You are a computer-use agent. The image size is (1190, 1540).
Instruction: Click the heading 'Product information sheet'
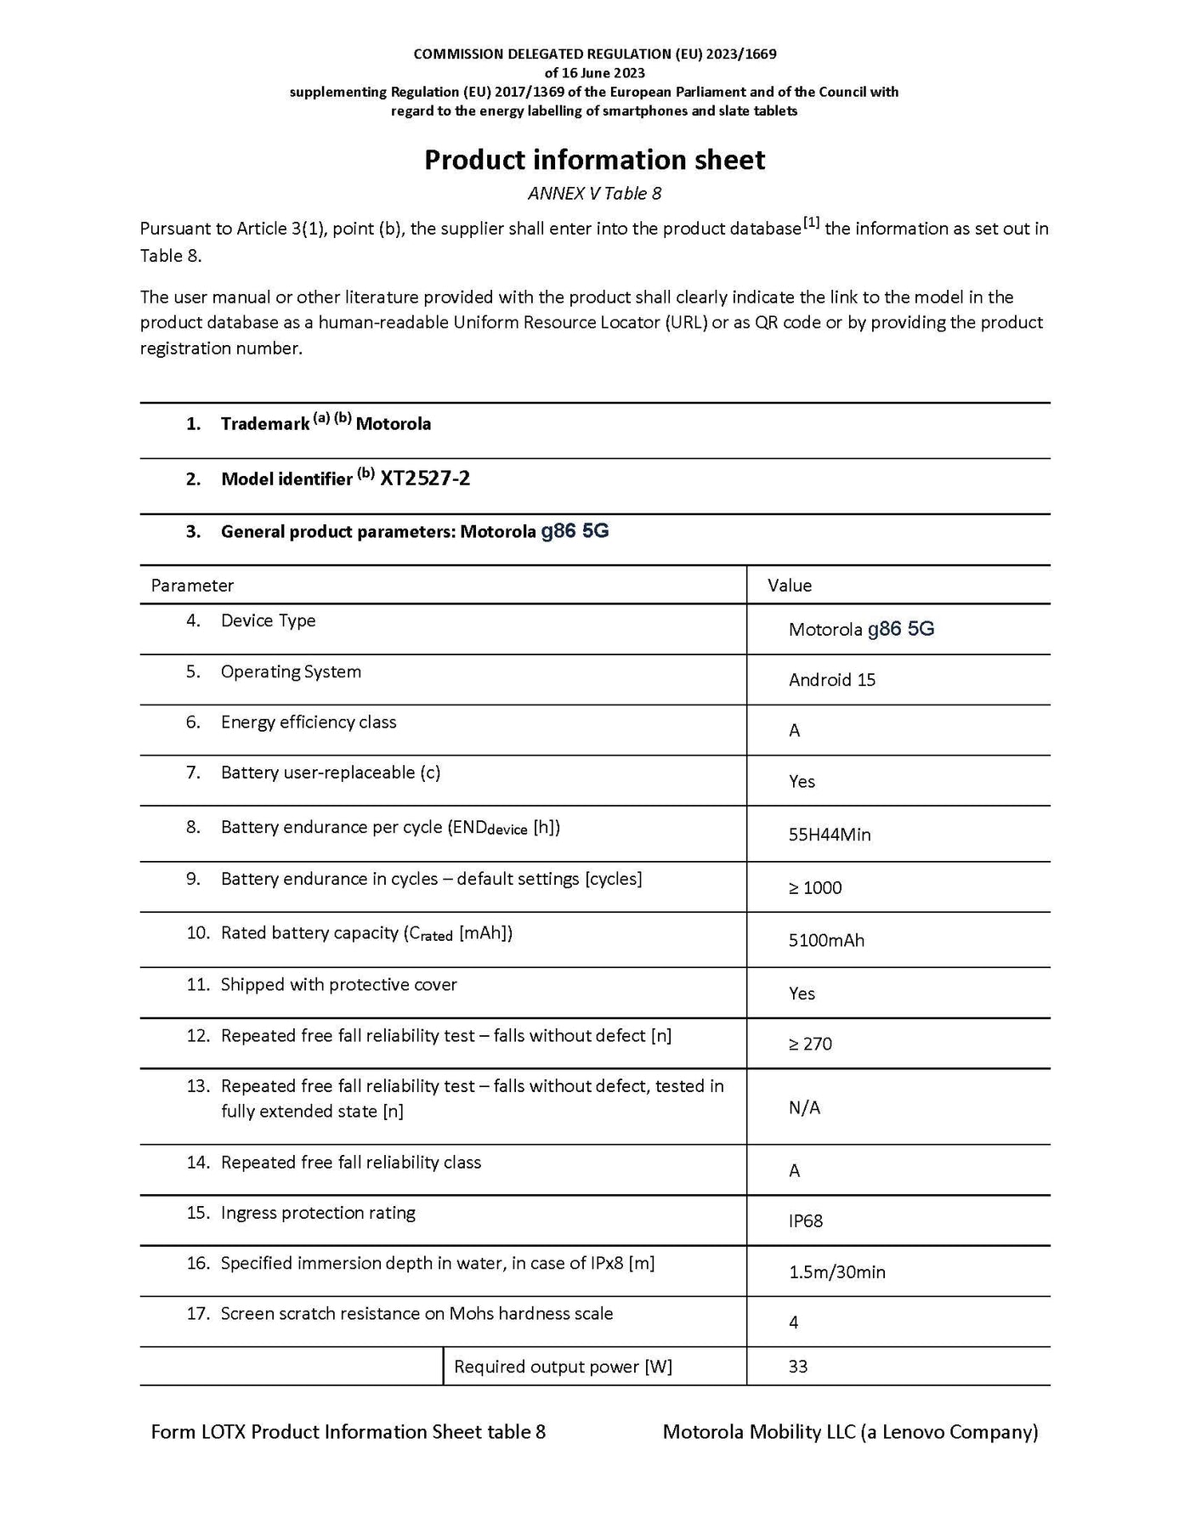(x=594, y=160)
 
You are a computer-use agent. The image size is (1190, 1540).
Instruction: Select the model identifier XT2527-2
(x=425, y=478)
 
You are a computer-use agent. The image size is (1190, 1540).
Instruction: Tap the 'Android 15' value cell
(x=831, y=680)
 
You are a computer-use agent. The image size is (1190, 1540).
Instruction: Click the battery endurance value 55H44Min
(x=830, y=835)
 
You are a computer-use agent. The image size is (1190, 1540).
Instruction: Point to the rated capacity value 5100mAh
(x=826, y=941)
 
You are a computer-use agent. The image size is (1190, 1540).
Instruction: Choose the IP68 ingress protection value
(x=806, y=1221)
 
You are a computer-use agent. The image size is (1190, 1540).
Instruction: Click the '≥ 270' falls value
(x=810, y=1045)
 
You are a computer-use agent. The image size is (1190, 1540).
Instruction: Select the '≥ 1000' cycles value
(x=815, y=888)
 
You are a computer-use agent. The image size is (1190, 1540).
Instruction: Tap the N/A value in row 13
(x=804, y=1107)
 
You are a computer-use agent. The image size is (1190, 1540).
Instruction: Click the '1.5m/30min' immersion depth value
(x=836, y=1272)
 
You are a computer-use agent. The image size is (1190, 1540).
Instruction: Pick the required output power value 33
(x=798, y=1367)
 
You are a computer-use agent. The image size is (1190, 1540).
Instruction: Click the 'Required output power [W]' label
(x=563, y=1367)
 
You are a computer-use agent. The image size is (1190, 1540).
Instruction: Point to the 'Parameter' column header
(x=192, y=586)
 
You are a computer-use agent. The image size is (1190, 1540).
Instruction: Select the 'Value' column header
(x=790, y=586)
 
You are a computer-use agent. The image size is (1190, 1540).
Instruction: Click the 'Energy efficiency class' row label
(x=309, y=722)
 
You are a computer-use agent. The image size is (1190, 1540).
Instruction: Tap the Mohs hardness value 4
(x=794, y=1322)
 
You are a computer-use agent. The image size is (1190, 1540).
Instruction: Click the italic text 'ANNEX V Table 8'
(x=594, y=194)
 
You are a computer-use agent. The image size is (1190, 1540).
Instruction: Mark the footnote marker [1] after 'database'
(x=812, y=224)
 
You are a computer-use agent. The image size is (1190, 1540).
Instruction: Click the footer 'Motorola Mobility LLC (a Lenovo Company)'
(x=850, y=1432)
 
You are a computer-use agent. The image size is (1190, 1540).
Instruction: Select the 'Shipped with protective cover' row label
(x=338, y=985)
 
